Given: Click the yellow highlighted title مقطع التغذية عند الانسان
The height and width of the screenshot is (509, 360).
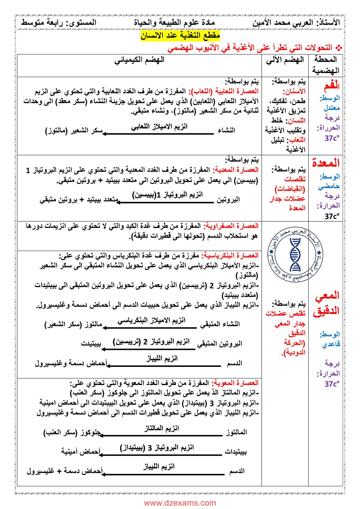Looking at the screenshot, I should tap(180, 35).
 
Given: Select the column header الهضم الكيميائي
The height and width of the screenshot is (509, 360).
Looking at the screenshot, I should tap(139, 60).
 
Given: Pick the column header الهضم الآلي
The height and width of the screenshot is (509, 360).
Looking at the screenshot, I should tap(285, 60).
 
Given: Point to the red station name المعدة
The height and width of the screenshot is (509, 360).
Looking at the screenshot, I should tap(326, 163).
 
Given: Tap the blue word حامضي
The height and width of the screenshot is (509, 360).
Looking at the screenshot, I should tap(329, 186).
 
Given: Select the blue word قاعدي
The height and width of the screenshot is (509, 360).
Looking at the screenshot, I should tap(331, 344).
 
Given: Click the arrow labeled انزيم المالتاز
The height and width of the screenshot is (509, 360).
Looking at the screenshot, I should tap(161, 435).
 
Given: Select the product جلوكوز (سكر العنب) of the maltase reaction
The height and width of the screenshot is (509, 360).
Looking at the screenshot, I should tap(72, 432).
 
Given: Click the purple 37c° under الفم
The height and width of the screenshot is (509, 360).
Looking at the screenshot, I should tap(332, 138).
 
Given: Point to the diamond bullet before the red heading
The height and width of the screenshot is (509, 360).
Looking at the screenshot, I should tap(338, 48).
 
